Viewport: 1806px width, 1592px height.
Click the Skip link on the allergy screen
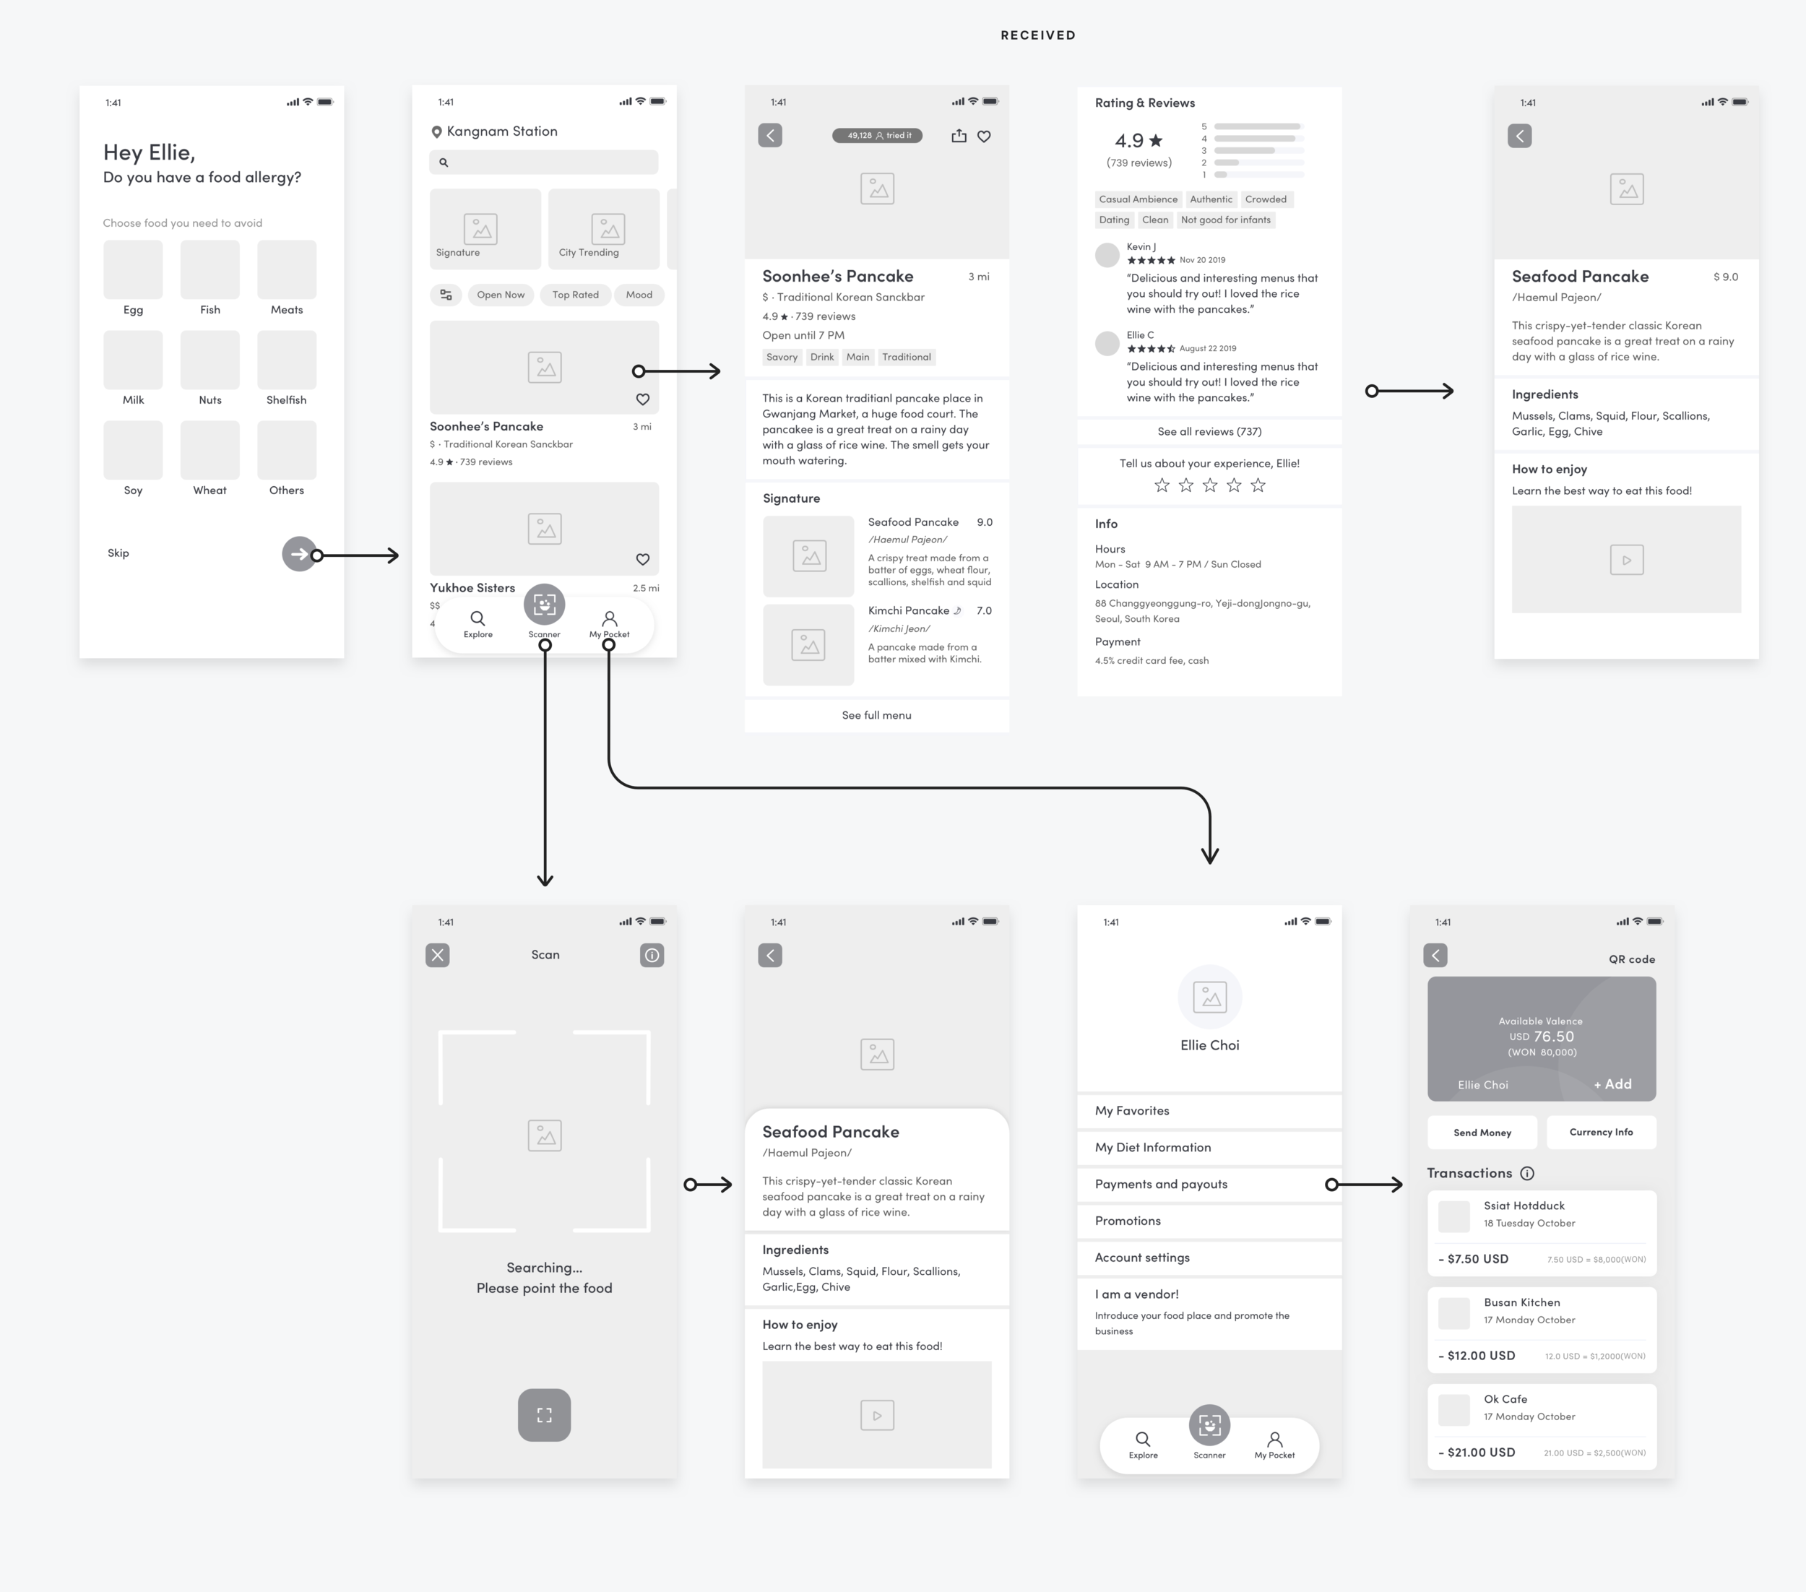coord(118,553)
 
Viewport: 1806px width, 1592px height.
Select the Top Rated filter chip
coord(575,295)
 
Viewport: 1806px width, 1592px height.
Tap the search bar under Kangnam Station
coord(543,163)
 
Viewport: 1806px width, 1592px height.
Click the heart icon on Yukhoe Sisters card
coord(642,559)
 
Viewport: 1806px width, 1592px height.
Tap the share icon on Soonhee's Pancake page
coord(959,136)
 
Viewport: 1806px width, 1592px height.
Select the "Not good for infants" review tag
coord(1225,220)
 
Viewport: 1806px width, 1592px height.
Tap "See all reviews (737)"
coord(1209,431)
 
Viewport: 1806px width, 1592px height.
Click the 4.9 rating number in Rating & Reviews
coord(1128,140)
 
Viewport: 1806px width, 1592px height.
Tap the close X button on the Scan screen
coord(437,955)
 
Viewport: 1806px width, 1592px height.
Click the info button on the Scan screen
coord(652,955)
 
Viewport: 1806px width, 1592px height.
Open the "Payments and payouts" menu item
coord(1161,1184)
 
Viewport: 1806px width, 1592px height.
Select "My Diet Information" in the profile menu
coord(1153,1148)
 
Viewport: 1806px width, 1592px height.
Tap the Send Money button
coord(1482,1133)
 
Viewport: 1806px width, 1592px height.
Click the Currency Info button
coord(1600,1133)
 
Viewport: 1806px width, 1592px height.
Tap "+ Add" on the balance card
coord(1612,1084)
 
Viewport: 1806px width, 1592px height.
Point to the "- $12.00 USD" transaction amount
coord(1477,1355)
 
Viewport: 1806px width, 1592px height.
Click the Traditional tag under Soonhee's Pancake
coord(906,357)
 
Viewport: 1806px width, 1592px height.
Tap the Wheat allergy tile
coord(209,450)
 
